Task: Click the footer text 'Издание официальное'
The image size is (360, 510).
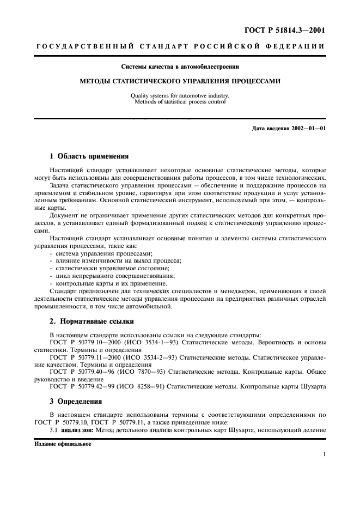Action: [64, 444]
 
